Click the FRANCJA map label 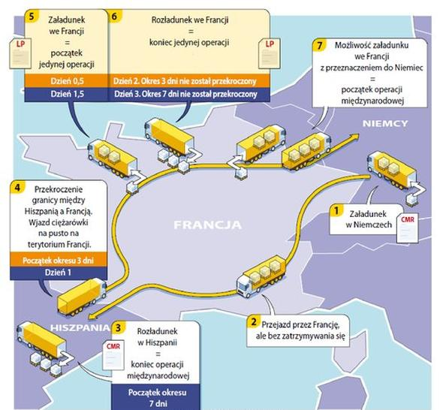tap(207, 225)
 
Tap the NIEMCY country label tap(385, 123)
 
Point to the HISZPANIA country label tap(80, 327)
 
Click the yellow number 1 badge tap(336, 210)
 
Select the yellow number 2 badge tap(254, 321)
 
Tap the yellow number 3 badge tap(119, 327)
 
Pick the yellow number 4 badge tap(17, 187)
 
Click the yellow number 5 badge tap(32, 17)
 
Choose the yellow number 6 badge tap(114, 17)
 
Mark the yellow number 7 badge tap(320, 46)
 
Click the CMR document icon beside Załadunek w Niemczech tap(407, 228)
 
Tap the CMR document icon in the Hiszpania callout tap(113, 355)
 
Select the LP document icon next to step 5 tap(20, 53)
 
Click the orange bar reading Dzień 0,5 tap(67, 81)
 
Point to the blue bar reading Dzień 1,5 tap(67, 95)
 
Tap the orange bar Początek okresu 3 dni tap(59, 260)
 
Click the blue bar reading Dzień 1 tap(59, 273)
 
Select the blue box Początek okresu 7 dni tap(157, 397)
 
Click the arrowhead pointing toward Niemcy tap(354, 137)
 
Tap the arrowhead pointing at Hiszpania tap(92, 316)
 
